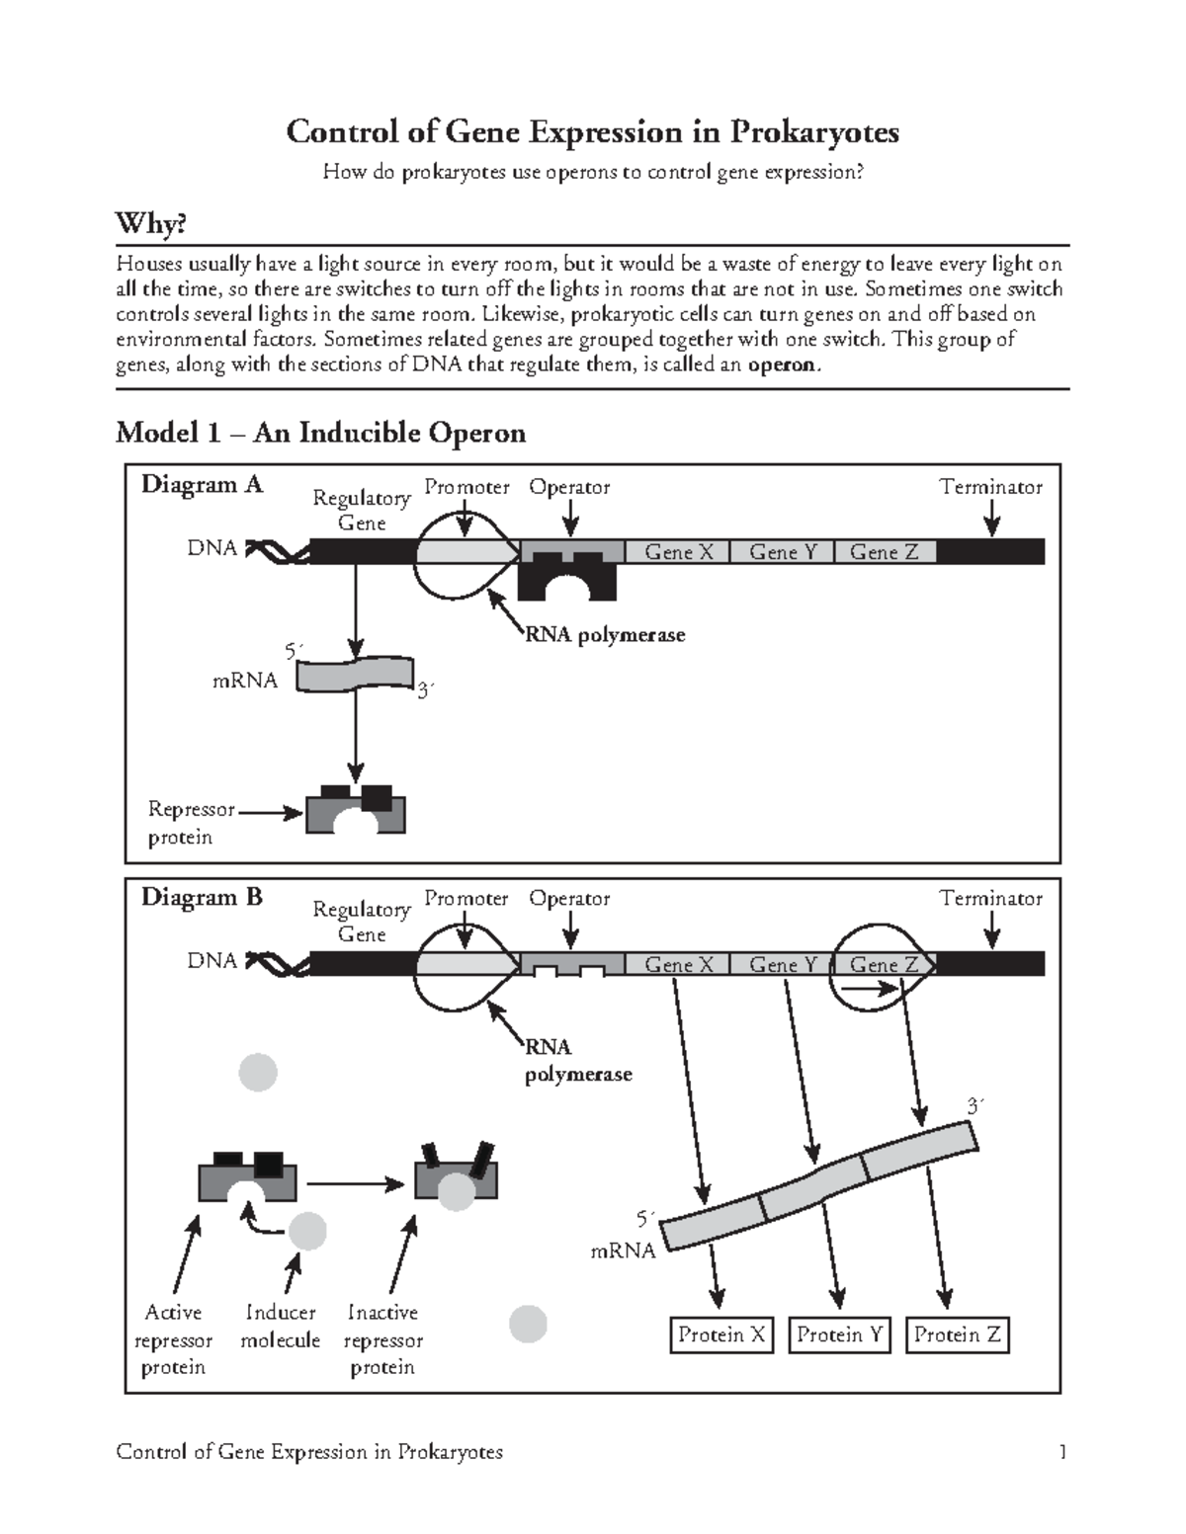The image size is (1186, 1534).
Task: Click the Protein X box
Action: [720, 1335]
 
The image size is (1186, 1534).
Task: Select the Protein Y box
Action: [839, 1335]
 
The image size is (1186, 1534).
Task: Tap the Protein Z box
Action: [957, 1335]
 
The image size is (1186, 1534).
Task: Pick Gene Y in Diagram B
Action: [783, 964]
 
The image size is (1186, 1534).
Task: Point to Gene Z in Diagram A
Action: [884, 552]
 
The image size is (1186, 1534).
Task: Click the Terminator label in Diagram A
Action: [990, 487]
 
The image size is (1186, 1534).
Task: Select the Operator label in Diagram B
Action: [569, 899]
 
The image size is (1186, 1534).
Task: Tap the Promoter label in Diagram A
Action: [466, 487]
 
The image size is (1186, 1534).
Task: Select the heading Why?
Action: [151, 225]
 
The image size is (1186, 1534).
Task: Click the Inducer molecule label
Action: [281, 1327]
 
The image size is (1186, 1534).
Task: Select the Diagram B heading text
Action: [202, 897]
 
